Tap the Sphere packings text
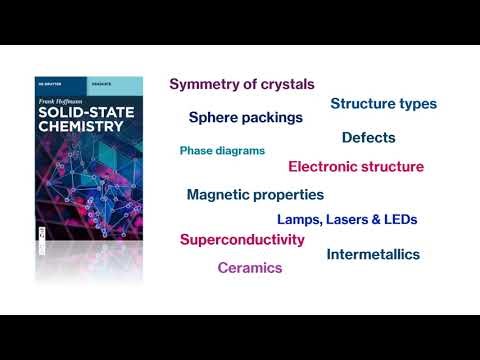246,117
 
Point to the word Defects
368,138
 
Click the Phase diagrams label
222,151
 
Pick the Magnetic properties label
255,194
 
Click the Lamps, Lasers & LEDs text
346,219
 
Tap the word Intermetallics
373,255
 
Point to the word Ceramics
250,268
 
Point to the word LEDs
400,219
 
